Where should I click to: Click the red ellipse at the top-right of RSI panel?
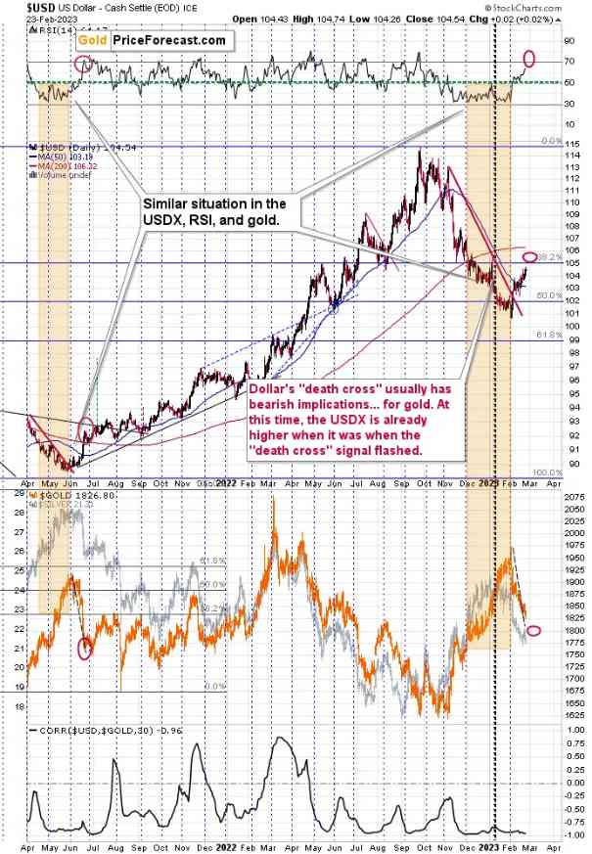click(x=531, y=58)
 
